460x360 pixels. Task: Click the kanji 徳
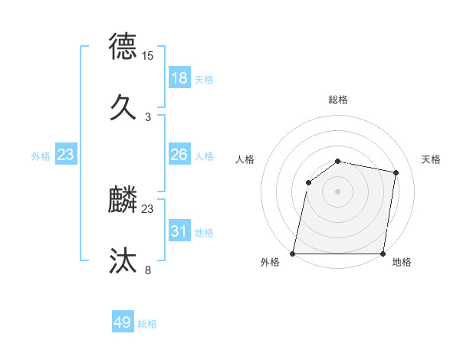[124, 46]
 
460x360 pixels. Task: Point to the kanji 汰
[124, 260]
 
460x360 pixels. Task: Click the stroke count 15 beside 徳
[148, 56]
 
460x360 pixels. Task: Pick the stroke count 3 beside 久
[148, 116]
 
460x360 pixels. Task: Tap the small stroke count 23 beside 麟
[148, 209]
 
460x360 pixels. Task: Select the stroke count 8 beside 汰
[148, 270]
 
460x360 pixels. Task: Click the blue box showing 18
[179, 78]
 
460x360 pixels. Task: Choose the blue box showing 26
[179, 155]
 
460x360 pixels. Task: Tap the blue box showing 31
[179, 231]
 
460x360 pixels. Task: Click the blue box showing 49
[123, 323]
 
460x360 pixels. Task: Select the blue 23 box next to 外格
[66, 155]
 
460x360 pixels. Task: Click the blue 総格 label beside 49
[147, 324]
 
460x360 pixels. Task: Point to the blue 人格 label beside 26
[204, 155]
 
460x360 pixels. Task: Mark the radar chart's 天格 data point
[396, 173]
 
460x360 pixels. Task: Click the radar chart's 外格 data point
[293, 254]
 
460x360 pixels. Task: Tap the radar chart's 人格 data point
[308, 182]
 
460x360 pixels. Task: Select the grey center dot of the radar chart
[338, 191]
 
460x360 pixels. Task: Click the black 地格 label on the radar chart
[402, 263]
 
